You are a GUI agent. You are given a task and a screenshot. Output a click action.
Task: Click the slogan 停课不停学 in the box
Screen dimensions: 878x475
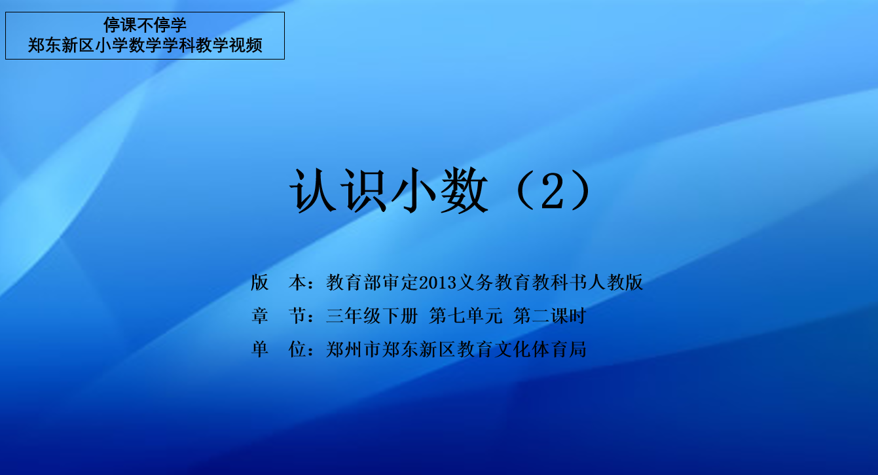(145, 25)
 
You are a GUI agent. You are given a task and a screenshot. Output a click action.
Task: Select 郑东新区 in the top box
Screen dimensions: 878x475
(61, 45)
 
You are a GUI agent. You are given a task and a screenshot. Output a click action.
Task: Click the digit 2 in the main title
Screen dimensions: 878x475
(553, 191)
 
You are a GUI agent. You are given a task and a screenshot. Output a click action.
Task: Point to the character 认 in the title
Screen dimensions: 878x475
(313, 190)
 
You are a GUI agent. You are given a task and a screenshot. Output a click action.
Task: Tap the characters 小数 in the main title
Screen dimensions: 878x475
(440, 190)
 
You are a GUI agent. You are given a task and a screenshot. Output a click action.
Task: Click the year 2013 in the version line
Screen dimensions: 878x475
(438, 283)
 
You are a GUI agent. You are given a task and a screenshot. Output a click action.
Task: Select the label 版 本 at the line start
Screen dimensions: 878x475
(278, 283)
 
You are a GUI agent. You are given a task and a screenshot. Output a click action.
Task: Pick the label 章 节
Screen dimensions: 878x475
(278, 315)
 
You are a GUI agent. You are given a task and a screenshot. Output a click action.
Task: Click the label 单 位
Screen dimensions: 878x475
(278, 349)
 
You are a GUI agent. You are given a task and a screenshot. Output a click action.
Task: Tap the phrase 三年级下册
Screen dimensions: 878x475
(372, 315)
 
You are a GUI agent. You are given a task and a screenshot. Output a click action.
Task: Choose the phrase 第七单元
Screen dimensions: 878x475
(466, 315)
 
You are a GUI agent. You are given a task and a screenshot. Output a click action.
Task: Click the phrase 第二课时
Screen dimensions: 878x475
(549, 315)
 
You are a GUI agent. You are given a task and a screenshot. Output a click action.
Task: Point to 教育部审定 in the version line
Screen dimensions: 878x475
(373, 283)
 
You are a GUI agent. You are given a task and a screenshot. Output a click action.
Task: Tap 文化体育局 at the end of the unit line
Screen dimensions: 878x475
(540, 349)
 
